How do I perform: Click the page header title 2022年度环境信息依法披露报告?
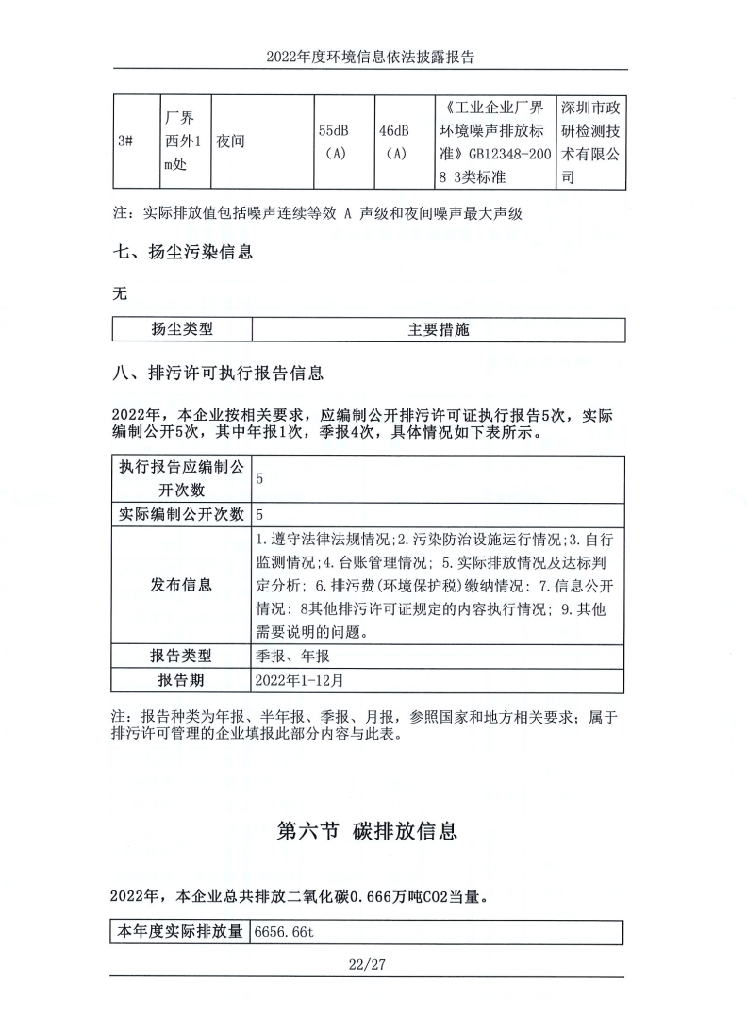(370, 57)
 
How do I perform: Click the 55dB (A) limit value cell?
(337, 141)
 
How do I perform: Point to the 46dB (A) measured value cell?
(397, 141)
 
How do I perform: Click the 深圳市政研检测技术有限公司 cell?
(589, 141)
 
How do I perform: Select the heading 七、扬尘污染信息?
(183, 253)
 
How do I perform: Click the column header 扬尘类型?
(182, 329)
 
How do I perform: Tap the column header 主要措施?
(438, 329)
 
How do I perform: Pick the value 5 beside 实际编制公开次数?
(259, 515)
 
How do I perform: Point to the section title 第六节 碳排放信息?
(368, 831)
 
